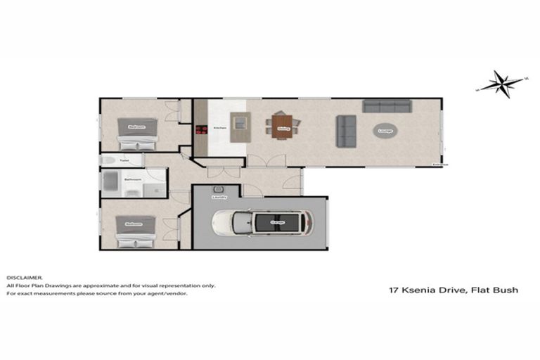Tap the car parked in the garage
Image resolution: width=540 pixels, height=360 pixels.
coord(263,223)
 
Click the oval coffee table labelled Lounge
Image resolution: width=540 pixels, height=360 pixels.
coord(385,131)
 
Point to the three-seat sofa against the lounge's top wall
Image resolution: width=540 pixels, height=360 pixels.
coord(387,106)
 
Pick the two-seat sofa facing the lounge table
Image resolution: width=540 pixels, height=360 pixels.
coord(346,131)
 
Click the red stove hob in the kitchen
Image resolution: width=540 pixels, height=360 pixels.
coord(200,129)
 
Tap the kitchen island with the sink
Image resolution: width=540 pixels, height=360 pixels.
coord(240,127)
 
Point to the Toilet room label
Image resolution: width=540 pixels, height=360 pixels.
coord(124,161)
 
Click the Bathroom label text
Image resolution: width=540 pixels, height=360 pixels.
coord(133,180)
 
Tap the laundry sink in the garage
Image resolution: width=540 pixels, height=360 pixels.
coord(219,190)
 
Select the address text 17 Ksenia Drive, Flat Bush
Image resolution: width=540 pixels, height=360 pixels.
coord(453,289)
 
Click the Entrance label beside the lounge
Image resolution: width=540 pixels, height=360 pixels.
coord(441,166)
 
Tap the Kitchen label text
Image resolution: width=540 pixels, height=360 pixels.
coord(219,129)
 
